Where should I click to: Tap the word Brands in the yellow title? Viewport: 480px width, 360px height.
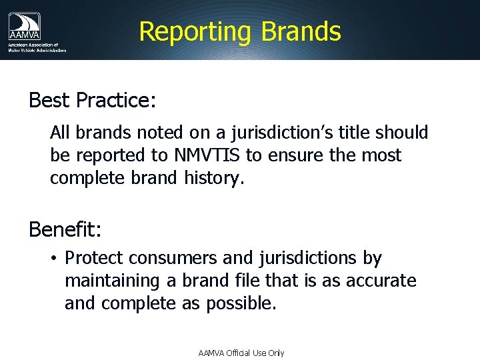pyautogui.click(x=301, y=31)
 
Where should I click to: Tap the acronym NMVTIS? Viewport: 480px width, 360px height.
pyautogui.click(x=206, y=155)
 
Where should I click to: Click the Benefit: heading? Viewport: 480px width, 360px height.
pyautogui.click(x=65, y=230)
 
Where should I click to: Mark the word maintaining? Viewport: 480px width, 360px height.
pyautogui.click(x=111, y=281)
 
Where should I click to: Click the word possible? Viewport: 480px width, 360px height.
pyautogui.click(x=240, y=303)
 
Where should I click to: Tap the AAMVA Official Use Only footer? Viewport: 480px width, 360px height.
pyautogui.click(x=241, y=353)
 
